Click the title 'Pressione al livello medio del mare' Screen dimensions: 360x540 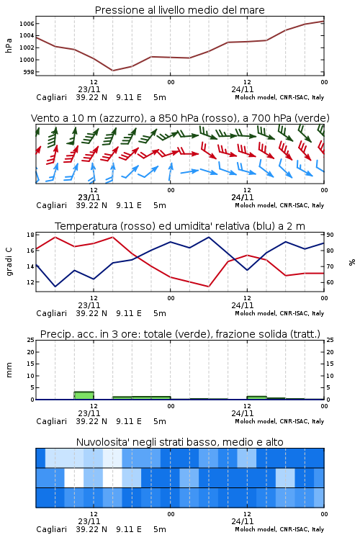click(179, 10)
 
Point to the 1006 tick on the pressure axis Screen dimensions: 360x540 click(27, 24)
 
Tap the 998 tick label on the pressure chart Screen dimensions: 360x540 click(29, 72)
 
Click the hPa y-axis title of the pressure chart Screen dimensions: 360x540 click(9, 45)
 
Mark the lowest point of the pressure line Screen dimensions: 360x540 click(112, 71)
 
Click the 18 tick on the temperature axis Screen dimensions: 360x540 click(30, 235)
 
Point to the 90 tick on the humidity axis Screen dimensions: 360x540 click(330, 235)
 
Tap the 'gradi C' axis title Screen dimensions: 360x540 click(9, 262)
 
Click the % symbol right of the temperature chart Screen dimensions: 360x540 click(352, 262)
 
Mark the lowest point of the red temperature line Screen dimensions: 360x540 click(208, 287)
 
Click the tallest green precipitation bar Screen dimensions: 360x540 click(84, 395)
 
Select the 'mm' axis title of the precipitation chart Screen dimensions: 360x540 click(9, 370)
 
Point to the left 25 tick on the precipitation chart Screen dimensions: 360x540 click(30, 340)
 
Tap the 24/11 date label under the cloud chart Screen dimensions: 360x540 click(242, 521)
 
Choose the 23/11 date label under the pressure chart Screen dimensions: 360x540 click(89, 89)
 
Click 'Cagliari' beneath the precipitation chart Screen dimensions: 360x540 click(51, 421)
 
